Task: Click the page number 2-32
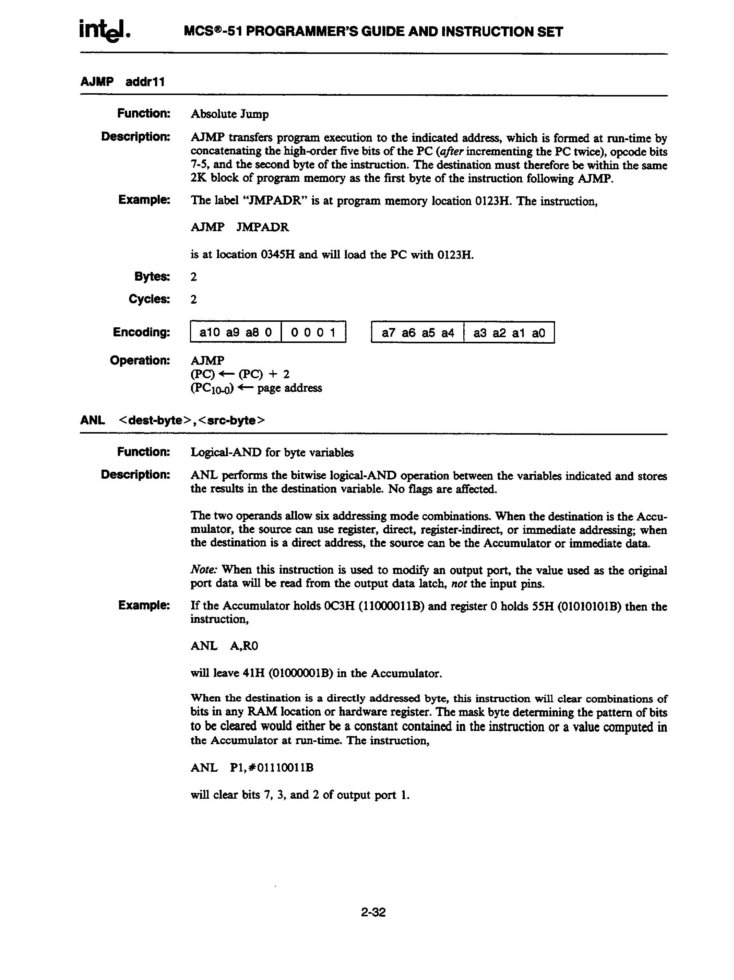pyautogui.click(x=373, y=912)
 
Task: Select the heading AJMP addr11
pyautogui.click(x=123, y=82)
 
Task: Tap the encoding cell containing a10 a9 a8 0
pyautogui.click(x=236, y=332)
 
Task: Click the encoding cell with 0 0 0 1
pyautogui.click(x=313, y=332)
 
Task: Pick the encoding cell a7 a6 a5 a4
pyautogui.click(x=417, y=333)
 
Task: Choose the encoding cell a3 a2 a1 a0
pyautogui.click(x=509, y=333)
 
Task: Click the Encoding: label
pyautogui.click(x=141, y=332)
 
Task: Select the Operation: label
pyautogui.click(x=140, y=360)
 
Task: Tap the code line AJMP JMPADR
pyautogui.click(x=240, y=227)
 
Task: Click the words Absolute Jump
pyautogui.click(x=230, y=114)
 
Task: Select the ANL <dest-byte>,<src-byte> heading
pyautogui.click(x=172, y=420)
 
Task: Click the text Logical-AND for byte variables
pyautogui.click(x=272, y=453)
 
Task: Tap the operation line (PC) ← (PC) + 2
pyautogui.click(x=240, y=374)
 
